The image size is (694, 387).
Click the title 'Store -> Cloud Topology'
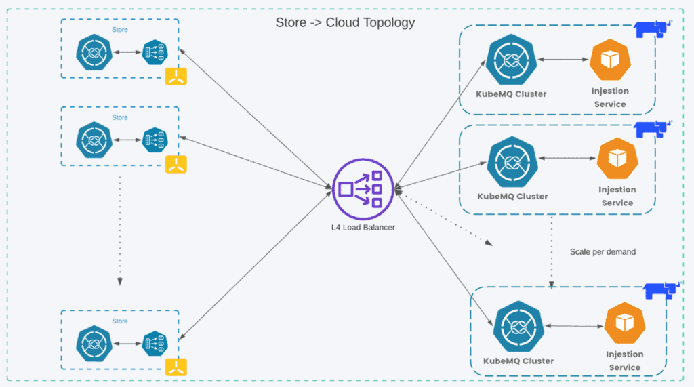(x=345, y=22)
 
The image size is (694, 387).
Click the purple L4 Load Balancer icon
(x=358, y=188)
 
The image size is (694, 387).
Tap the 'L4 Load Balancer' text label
(x=358, y=227)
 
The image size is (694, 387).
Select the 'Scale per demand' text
(x=603, y=251)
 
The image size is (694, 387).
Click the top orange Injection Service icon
(x=610, y=60)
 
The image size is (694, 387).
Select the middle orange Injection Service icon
(x=617, y=159)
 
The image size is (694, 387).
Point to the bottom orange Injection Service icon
(x=624, y=324)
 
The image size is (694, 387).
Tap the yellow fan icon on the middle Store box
(x=176, y=165)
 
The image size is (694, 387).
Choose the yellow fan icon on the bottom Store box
(x=176, y=367)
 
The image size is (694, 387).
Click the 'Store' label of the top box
(x=119, y=30)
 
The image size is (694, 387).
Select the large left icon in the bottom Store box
(x=92, y=342)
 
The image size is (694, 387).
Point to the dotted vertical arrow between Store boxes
(x=120, y=230)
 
